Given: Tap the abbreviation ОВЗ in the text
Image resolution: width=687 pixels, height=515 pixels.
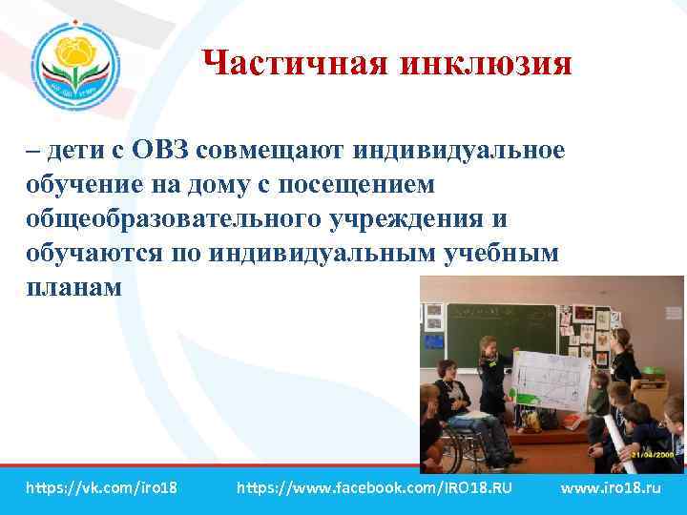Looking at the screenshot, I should (x=168, y=151).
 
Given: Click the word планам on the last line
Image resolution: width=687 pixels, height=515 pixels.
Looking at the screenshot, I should (x=74, y=287).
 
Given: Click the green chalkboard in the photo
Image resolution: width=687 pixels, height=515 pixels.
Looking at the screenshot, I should (x=501, y=329).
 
